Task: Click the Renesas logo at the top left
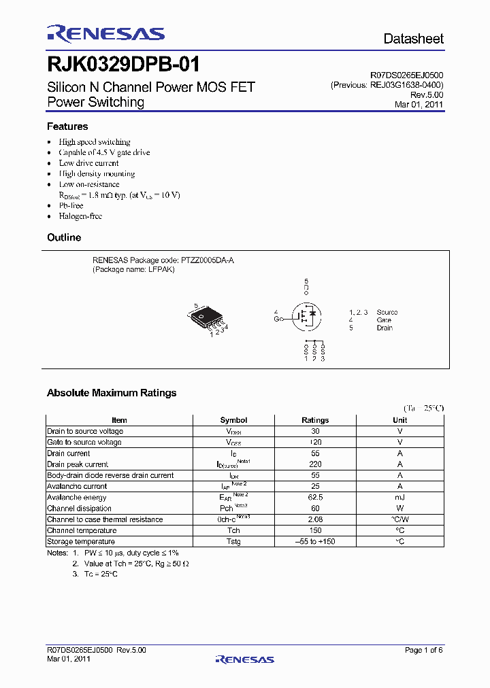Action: pos(105,34)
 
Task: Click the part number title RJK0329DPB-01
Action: pos(123,65)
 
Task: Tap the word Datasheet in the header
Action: pos(413,39)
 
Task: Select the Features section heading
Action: pos(67,126)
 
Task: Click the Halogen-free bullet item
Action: pos(80,216)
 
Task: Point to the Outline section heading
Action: pos(64,237)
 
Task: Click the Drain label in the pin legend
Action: pos(385,328)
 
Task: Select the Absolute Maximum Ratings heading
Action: pos(112,393)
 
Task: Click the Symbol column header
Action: pos(233,420)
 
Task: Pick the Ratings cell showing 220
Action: pos(314,464)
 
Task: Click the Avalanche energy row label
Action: pos(77,498)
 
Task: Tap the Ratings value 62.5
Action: pos(314,498)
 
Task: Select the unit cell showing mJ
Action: pos(399,498)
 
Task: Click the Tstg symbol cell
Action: pos(233,542)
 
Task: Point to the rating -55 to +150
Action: pos(314,542)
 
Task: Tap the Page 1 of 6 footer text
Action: pos(423,651)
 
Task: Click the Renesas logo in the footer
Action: pos(244,659)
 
